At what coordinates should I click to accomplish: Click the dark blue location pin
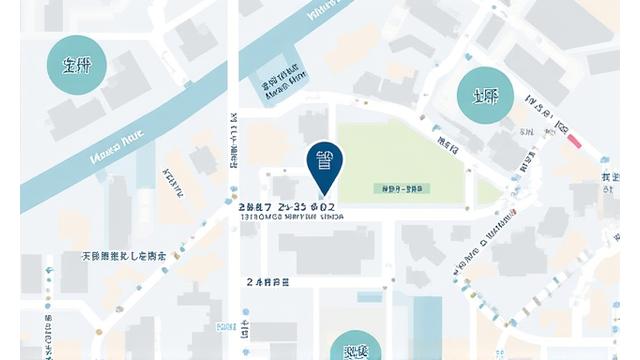(324, 162)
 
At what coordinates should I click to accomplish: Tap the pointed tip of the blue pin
(324, 195)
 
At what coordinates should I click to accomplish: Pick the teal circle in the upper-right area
(485, 97)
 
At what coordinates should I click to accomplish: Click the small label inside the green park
(402, 187)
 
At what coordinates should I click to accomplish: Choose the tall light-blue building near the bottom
(427, 325)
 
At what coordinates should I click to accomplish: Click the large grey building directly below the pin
(326, 249)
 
